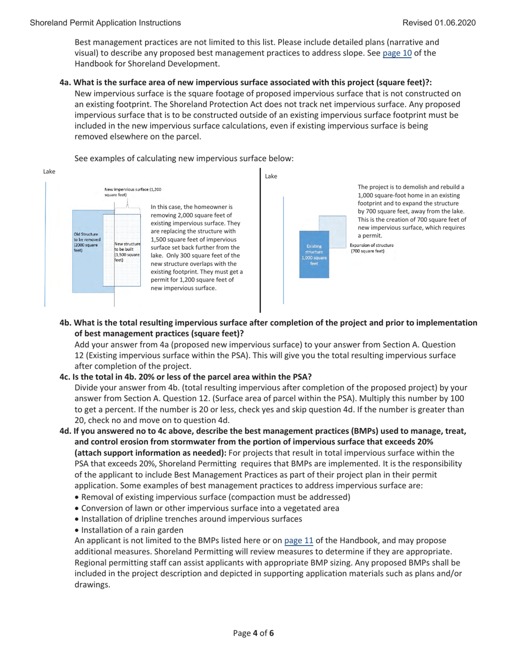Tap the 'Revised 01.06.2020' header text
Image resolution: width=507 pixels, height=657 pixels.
[x=439, y=22]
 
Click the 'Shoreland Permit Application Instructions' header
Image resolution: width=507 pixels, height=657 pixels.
[x=105, y=22]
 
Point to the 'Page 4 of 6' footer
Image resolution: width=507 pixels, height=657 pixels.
[x=253, y=633]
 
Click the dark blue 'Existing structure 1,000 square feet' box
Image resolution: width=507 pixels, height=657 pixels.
[x=314, y=254]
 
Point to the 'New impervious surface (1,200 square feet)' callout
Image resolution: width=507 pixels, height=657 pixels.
[x=132, y=192]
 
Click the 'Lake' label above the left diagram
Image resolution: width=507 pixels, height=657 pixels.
[x=49, y=171]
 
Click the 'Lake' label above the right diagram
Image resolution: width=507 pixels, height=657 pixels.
[x=271, y=176]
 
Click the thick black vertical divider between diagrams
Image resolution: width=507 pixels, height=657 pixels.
[x=260, y=240]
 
